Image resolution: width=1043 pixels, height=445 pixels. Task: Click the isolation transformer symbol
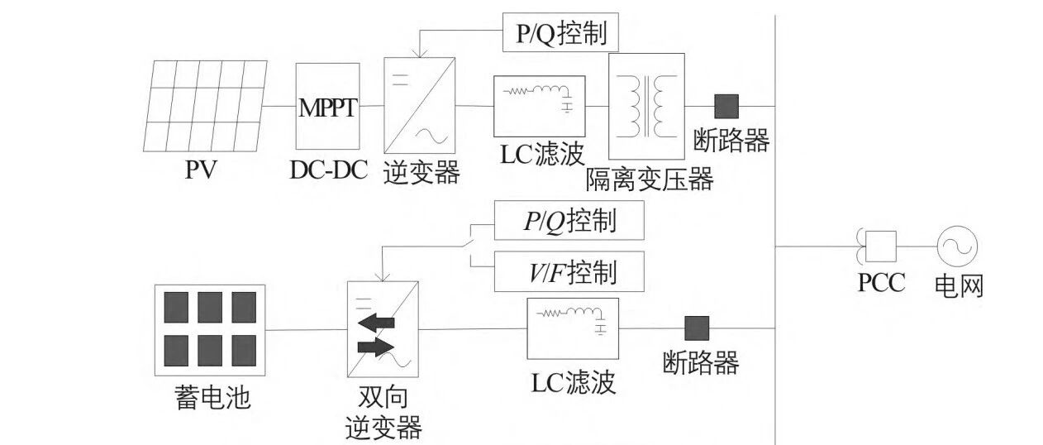point(646,105)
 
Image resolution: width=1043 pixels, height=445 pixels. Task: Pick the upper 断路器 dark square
point(726,106)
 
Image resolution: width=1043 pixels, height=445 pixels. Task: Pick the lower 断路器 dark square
point(696,328)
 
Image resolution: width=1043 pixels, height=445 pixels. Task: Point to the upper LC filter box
point(539,106)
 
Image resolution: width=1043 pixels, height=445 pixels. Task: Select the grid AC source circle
point(957,246)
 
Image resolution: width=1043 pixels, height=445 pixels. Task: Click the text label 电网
point(959,285)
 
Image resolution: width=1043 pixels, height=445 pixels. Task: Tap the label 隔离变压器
point(649,179)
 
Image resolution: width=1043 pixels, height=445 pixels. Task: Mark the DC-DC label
point(328,171)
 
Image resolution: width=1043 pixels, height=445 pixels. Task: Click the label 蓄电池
point(212,399)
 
